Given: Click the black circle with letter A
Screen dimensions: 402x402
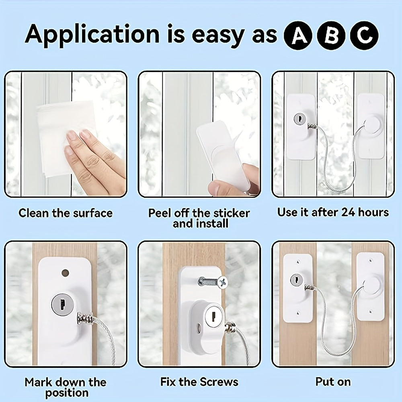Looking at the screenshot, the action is pyautogui.click(x=298, y=35).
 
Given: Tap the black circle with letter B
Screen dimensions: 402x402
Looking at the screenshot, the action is pyautogui.click(x=331, y=35).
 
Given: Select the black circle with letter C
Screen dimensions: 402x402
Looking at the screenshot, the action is pyautogui.click(x=364, y=35).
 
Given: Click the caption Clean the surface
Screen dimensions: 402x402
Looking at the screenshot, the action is pyautogui.click(x=66, y=213).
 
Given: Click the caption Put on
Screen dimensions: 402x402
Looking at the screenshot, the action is pyautogui.click(x=333, y=382).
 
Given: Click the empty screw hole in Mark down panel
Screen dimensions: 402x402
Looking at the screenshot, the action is pyautogui.click(x=66, y=273).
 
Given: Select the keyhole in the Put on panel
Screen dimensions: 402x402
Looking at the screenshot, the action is pyautogui.click(x=296, y=280).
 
